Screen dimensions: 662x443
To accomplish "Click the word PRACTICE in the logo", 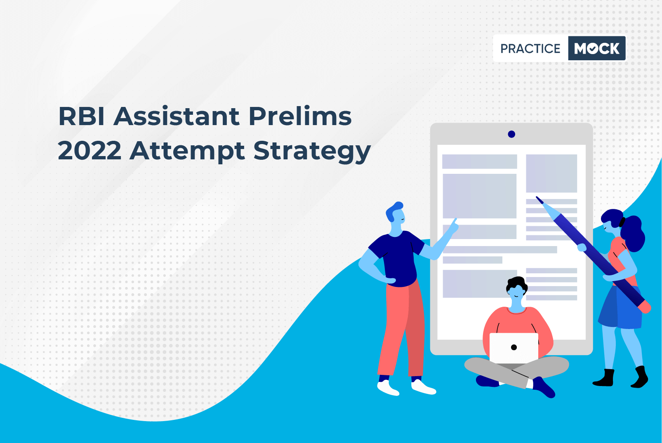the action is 530,48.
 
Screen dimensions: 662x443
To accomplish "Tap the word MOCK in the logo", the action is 597,48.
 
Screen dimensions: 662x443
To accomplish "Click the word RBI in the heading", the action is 81,116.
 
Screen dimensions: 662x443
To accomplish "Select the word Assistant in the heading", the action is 177,116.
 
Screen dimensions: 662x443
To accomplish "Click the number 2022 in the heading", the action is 90,151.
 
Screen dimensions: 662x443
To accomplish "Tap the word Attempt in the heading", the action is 187,152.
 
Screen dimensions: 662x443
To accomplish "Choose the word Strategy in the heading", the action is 312,152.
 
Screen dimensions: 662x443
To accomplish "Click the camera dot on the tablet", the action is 511,134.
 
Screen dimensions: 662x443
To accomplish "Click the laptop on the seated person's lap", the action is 514,348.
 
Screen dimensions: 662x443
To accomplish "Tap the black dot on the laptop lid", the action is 514,348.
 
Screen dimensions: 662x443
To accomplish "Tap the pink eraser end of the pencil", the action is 646,307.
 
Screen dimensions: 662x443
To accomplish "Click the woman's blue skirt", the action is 621,308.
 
